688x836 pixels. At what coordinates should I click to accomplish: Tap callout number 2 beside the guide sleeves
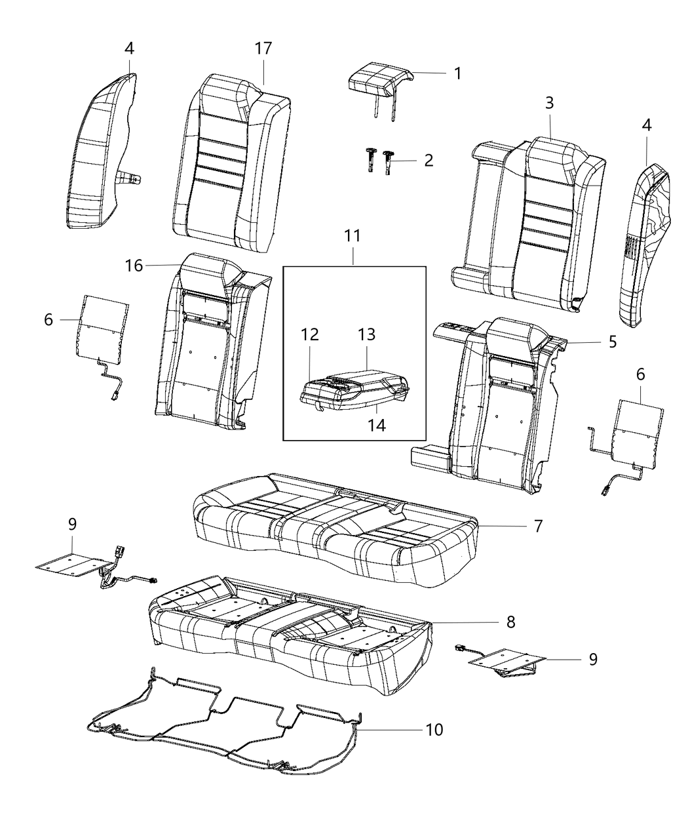[428, 160]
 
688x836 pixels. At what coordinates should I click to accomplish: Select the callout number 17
[263, 48]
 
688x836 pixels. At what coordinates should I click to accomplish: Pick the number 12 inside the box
[310, 334]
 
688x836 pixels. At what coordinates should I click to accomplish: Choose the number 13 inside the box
[367, 334]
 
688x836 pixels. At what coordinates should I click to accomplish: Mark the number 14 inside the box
[377, 425]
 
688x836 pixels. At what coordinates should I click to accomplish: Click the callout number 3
[549, 103]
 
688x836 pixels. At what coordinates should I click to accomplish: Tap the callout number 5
[612, 342]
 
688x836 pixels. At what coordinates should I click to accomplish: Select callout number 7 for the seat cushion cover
[537, 525]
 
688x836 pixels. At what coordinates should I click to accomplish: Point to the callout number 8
[511, 622]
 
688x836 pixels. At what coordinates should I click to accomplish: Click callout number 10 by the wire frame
[434, 729]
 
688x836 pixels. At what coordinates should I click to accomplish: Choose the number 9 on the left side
[72, 524]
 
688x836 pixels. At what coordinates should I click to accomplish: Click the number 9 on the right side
[593, 658]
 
